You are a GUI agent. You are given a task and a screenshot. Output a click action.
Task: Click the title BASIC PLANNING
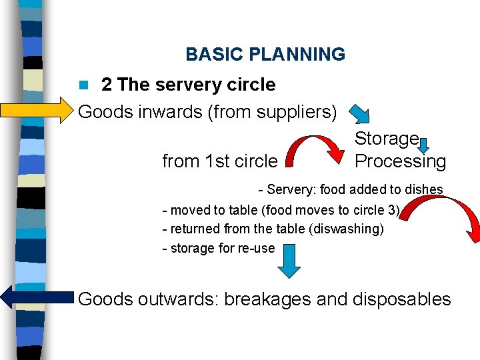coord(265,55)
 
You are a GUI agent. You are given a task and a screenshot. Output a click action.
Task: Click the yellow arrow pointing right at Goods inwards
coord(37,111)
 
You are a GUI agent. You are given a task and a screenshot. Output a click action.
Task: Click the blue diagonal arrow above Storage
coord(362,115)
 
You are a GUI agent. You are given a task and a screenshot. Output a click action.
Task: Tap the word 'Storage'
coord(387,139)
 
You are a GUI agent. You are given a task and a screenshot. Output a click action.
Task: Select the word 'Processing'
coord(400,161)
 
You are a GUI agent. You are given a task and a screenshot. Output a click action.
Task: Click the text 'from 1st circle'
coord(219,161)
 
